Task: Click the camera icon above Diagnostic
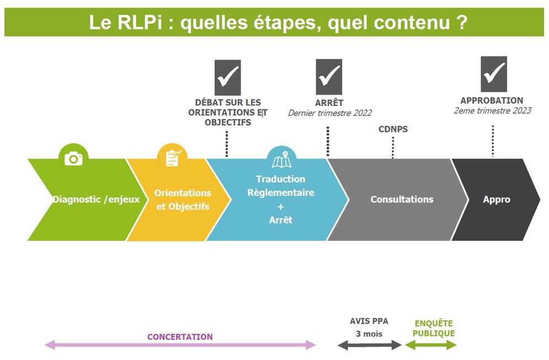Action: [73, 159]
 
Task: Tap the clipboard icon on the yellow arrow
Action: [173, 158]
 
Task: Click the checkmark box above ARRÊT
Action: [329, 77]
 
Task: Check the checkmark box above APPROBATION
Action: [494, 74]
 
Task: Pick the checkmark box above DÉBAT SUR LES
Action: [227, 77]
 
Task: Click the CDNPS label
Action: [393, 129]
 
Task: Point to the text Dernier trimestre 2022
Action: [330, 113]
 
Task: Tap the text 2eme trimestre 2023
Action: [493, 111]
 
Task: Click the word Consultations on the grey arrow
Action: [402, 199]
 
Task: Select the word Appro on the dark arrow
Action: [497, 199]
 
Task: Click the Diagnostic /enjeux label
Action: [96, 199]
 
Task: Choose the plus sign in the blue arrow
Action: [281, 207]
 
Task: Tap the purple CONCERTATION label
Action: [180, 337]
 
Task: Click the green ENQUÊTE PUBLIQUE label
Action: [434, 328]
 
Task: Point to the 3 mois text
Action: [369, 333]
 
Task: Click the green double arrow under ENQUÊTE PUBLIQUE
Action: [431, 345]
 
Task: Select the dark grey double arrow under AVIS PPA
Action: [370, 345]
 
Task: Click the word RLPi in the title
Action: [140, 23]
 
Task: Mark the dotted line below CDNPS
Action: [393, 147]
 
